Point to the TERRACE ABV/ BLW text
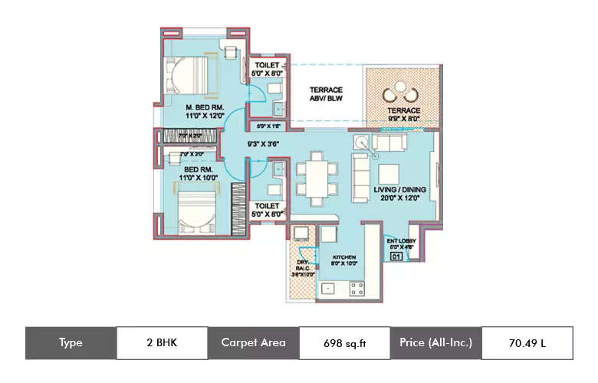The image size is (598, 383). [x=325, y=94]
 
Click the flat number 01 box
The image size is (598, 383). [x=396, y=257]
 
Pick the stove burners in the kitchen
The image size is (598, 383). [x=356, y=289]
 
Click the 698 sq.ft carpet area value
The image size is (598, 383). [x=344, y=343]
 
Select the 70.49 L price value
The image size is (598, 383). [x=527, y=343]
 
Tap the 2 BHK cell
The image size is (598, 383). [x=162, y=343]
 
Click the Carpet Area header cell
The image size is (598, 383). [x=253, y=343]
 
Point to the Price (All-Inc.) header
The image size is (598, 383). [x=435, y=343]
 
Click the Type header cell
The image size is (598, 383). [x=71, y=343]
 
